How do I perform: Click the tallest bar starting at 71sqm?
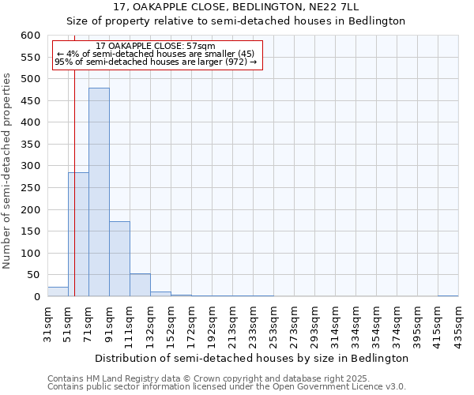(x=99, y=192)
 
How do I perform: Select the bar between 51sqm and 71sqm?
(x=78, y=235)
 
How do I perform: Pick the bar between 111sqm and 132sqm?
(x=140, y=285)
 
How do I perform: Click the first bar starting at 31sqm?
(x=58, y=292)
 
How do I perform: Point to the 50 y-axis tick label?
(x=32, y=275)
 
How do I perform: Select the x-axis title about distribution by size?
(x=252, y=358)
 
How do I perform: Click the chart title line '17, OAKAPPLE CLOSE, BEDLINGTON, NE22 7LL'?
(x=236, y=7)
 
